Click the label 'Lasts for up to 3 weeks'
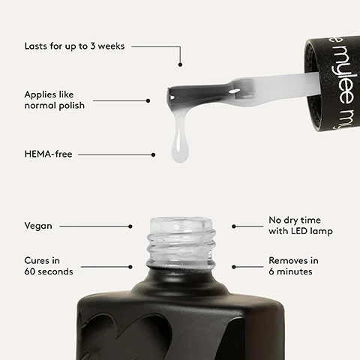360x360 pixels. pyautogui.click(x=76, y=46)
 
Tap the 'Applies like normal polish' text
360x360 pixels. pyautogui.click(x=55, y=100)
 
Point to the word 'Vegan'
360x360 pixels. pyautogui.click(x=38, y=225)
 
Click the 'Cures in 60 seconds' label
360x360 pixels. pyautogui.click(x=49, y=265)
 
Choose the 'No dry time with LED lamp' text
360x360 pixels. pyautogui.click(x=300, y=226)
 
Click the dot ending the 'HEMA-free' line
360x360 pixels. pyautogui.click(x=153, y=155)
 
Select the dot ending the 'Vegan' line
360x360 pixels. pyautogui.click(x=130, y=226)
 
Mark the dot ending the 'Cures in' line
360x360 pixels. pyautogui.click(x=130, y=265)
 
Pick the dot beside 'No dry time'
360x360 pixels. pyautogui.click(x=234, y=226)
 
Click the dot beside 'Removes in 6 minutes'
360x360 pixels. pyautogui.click(x=234, y=265)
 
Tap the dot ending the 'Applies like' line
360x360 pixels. pyautogui.click(x=148, y=100)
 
